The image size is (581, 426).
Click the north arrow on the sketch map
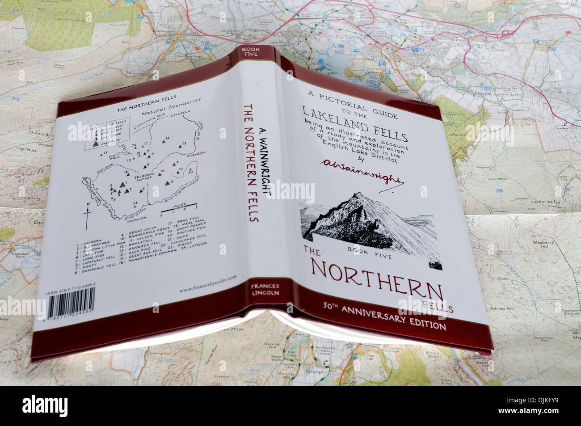(88, 215)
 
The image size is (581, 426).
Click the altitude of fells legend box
(107, 132)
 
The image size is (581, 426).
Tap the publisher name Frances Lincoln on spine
(265, 290)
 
